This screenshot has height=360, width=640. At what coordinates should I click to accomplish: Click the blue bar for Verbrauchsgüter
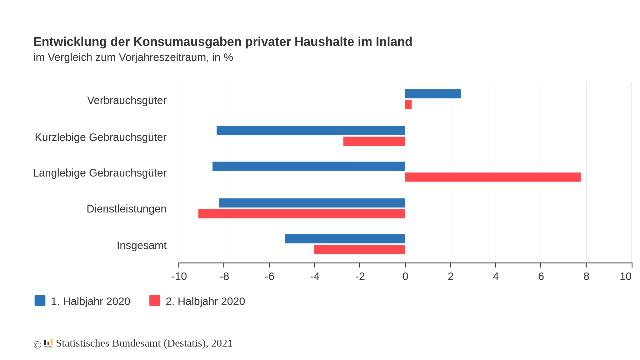click(x=432, y=94)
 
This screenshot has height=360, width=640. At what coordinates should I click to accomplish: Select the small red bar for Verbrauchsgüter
click(x=408, y=105)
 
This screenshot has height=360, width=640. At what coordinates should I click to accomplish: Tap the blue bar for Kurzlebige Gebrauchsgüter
click(x=311, y=130)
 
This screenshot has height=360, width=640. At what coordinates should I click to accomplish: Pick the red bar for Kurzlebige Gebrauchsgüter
click(x=374, y=141)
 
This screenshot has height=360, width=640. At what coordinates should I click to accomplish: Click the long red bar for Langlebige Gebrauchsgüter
click(x=492, y=177)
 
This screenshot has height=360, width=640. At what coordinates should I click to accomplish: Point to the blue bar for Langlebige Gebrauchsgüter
click(x=308, y=166)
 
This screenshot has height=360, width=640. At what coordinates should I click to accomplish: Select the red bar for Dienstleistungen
click(x=301, y=214)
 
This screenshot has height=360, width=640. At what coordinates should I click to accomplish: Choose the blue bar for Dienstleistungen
click(x=312, y=203)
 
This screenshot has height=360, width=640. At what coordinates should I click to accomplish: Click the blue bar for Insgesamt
click(x=345, y=239)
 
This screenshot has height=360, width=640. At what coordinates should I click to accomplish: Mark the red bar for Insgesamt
click(x=359, y=250)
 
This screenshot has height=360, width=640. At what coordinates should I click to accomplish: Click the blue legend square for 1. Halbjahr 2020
click(x=40, y=301)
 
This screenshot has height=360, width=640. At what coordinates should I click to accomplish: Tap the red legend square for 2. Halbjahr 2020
click(x=155, y=301)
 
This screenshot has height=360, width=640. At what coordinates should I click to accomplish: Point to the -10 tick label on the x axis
click(x=179, y=277)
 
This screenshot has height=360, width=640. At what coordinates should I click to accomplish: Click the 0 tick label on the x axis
click(x=405, y=277)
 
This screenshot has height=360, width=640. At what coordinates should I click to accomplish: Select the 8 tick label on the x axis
click(x=586, y=277)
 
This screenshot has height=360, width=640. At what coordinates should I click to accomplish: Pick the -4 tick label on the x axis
click(x=315, y=277)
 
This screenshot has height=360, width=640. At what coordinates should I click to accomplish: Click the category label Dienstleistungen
click(x=126, y=209)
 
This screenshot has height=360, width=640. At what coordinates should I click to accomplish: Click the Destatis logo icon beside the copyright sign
click(x=48, y=343)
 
